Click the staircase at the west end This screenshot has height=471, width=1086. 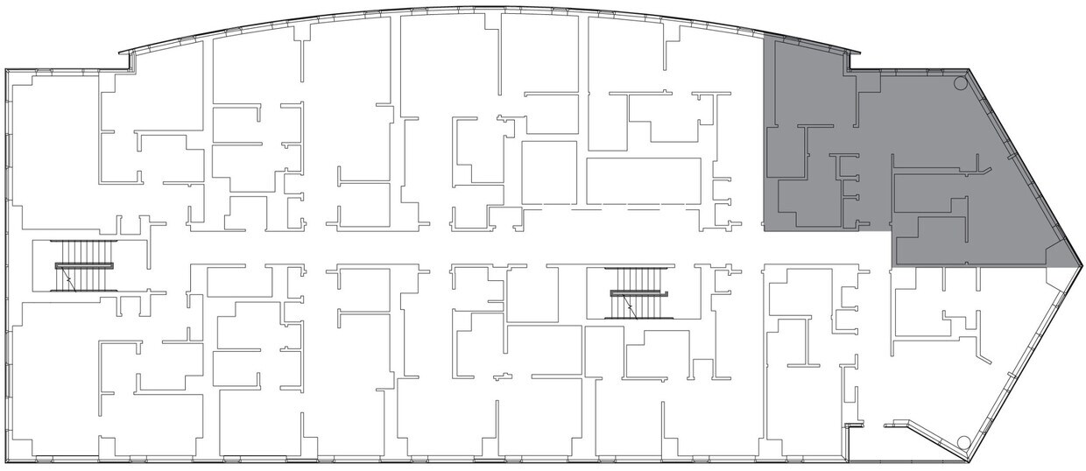[x=86, y=265]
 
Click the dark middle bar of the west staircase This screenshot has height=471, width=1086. [x=86, y=265]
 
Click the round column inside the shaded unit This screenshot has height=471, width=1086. [x=959, y=84]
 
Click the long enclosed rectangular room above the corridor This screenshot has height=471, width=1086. [x=643, y=181]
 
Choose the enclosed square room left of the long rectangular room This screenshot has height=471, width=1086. [x=548, y=172]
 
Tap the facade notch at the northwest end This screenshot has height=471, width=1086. [x=129, y=60]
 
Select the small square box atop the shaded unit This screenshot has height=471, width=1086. [x=868, y=82]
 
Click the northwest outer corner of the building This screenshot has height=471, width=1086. [x=6, y=70]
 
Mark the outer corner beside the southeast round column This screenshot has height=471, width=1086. [x=976, y=459]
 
